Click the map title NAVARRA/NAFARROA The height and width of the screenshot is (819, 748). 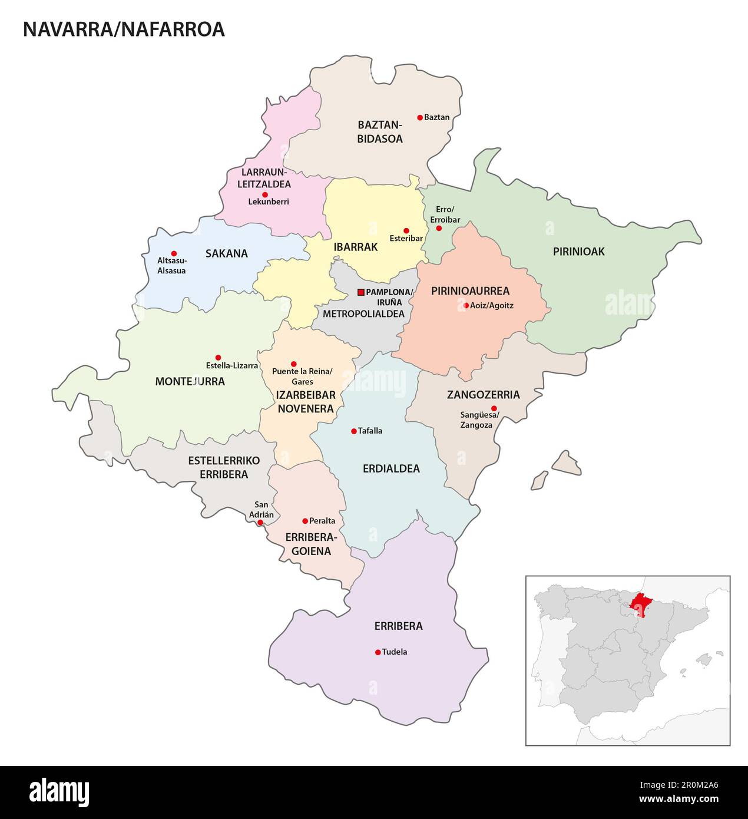tap(124, 29)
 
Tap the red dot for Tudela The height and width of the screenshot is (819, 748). tap(378, 652)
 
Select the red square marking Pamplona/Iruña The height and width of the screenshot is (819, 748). tap(361, 292)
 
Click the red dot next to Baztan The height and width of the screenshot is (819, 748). tap(420, 118)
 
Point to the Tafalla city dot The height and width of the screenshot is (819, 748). tap(353, 431)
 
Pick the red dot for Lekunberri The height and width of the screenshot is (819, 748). tap(265, 194)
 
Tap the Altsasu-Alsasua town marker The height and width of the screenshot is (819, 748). tap(174, 253)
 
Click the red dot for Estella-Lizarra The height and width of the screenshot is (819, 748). tap(218, 358)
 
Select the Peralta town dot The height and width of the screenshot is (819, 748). tap(305, 521)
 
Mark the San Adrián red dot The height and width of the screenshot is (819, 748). tap(260, 522)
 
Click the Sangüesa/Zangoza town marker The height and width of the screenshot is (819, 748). tap(494, 408)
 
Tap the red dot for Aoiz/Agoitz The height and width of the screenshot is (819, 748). tap(466, 305)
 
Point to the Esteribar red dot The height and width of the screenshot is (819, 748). tap(406, 230)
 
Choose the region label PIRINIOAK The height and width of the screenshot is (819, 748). tap(578, 252)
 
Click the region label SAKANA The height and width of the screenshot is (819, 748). tap(226, 254)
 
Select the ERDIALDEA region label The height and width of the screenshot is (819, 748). tap(391, 469)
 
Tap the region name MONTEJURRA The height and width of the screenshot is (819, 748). tap(190, 382)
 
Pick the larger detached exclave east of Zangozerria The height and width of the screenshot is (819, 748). tap(567, 464)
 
